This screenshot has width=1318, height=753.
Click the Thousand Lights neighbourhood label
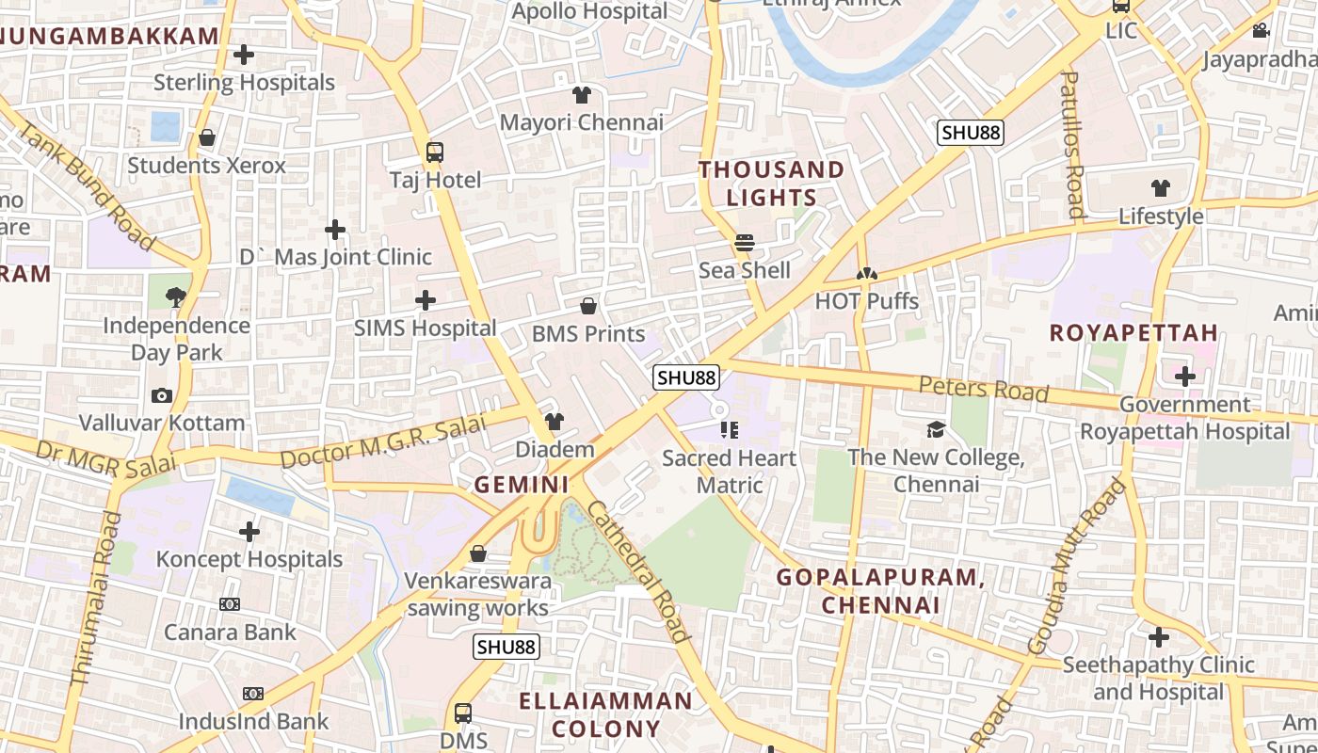[771, 184]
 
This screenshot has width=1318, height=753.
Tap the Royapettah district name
[1133, 333]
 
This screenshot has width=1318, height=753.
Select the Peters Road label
[983, 389]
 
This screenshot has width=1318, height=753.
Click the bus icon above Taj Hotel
[435, 152]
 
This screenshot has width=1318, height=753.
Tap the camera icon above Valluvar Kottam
[162, 395]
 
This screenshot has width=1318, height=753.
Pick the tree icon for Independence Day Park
[176, 297]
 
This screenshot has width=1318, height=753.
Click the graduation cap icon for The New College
[936, 430]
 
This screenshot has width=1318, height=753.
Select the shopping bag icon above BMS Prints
[588, 306]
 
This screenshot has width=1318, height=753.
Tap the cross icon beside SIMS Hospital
[426, 300]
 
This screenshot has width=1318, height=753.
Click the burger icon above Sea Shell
[745, 243]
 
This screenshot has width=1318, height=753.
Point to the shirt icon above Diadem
[555, 422]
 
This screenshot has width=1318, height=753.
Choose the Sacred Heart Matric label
[729, 472]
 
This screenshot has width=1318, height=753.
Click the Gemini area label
[522, 485]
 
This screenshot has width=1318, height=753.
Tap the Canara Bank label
[231, 632]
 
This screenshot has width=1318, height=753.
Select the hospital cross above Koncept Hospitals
[249, 532]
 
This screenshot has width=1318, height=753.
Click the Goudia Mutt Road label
[1077, 566]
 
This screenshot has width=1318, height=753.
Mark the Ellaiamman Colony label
[606, 714]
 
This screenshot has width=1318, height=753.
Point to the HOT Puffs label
[866, 301]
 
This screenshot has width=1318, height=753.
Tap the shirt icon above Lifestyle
[1161, 188]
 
